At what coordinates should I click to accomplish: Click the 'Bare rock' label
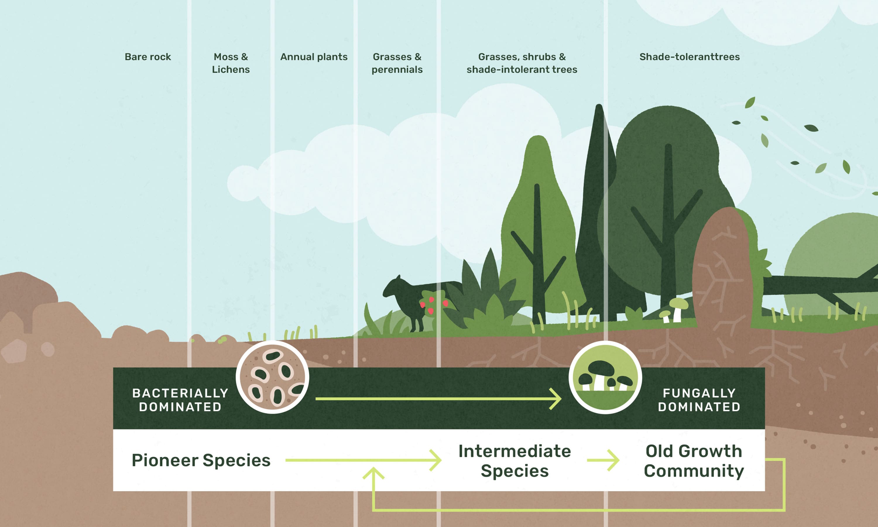click(148, 57)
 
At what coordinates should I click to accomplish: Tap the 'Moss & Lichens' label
click(231, 63)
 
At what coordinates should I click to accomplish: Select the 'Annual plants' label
click(314, 57)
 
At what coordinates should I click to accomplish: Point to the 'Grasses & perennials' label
click(397, 63)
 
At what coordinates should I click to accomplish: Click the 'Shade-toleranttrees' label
click(690, 57)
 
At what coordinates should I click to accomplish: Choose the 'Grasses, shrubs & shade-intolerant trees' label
click(522, 63)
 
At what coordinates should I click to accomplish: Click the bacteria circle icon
click(272, 377)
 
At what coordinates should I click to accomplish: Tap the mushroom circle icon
click(605, 377)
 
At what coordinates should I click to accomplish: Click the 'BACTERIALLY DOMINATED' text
click(180, 400)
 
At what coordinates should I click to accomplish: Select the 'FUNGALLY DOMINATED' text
click(699, 400)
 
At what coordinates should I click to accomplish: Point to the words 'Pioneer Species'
click(201, 460)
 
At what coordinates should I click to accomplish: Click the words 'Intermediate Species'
click(515, 461)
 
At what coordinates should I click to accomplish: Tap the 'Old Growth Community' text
click(694, 461)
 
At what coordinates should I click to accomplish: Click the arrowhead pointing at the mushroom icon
click(556, 399)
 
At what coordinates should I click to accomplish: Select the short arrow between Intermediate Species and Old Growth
click(603, 460)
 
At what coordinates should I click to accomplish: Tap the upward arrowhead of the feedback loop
click(373, 473)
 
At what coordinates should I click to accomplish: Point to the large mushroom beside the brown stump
click(678, 309)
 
